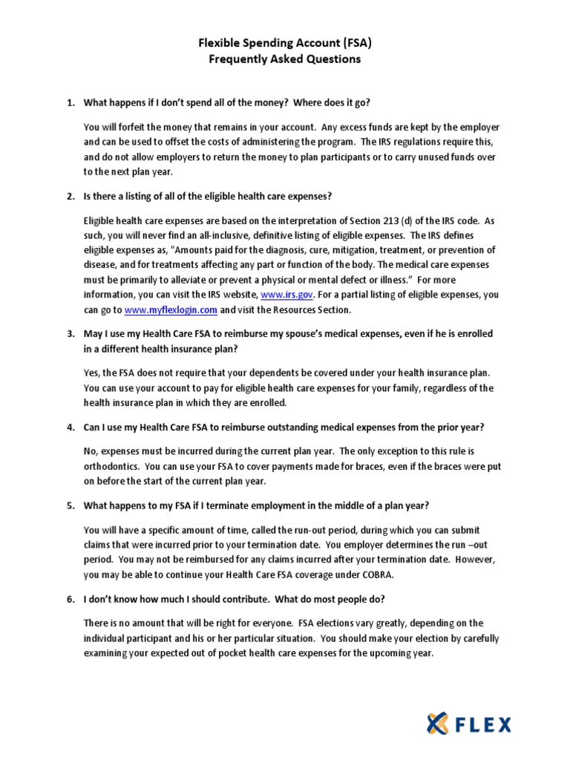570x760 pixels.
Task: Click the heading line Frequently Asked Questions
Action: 285,59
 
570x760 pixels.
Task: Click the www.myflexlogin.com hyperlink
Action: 171,310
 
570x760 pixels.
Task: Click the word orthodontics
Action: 112,468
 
